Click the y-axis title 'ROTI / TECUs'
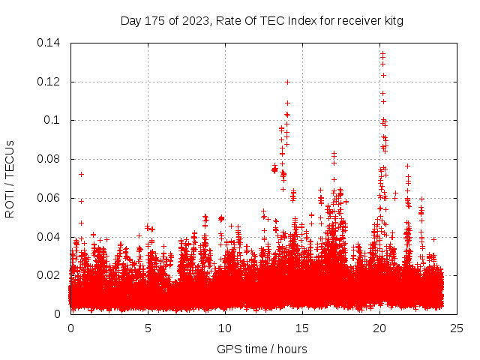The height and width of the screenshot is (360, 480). (10, 178)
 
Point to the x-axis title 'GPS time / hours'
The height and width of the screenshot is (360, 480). (262, 349)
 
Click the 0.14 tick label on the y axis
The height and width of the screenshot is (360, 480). (50, 43)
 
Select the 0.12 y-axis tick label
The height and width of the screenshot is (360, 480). (50, 81)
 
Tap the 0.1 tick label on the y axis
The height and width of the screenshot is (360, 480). (54, 120)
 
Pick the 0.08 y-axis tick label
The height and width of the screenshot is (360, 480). (50, 159)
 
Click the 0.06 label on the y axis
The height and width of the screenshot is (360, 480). (50, 198)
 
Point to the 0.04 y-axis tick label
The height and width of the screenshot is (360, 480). (50, 237)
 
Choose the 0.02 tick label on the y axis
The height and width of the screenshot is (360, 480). (50, 275)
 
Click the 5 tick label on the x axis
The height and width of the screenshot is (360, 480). (148, 328)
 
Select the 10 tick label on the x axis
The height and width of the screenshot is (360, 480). (225, 328)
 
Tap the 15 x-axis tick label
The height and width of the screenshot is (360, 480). (302, 328)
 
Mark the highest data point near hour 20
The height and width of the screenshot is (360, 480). (382, 52)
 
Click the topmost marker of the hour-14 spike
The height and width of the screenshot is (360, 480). (287, 82)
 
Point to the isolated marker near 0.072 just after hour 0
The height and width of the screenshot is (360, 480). (81, 174)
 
